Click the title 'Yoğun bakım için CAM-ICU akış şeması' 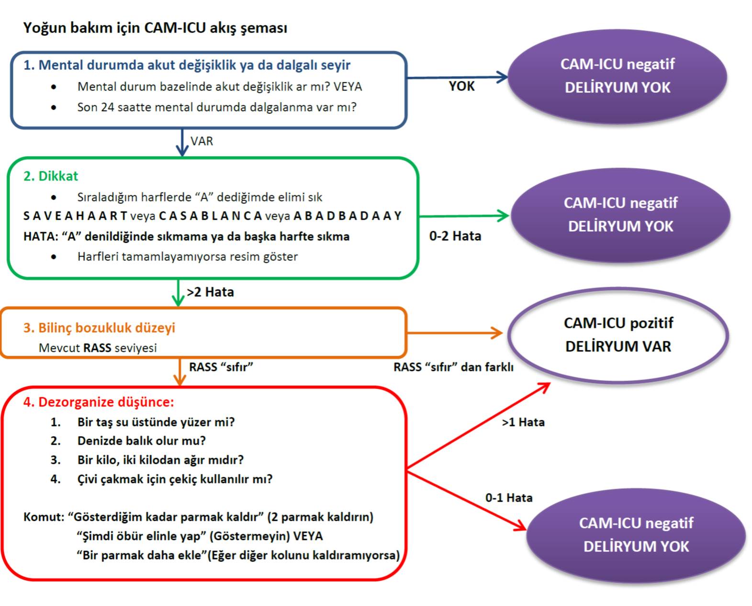(155, 28)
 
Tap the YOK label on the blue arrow (461, 86)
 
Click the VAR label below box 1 (202, 141)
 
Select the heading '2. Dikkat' (50, 176)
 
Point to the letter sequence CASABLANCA (210, 216)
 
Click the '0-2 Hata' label (455, 236)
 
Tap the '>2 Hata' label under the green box (210, 292)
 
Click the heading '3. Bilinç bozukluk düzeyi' (99, 328)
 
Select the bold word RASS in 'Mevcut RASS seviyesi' (97, 348)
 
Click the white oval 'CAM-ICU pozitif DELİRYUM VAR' (618, 335)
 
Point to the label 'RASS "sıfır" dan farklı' (453, 367)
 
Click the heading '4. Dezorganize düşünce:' (99, 402)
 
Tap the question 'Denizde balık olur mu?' (141, 441)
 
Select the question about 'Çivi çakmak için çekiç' (175, 479)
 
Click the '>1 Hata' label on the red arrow (523, 422)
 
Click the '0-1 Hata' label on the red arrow (508, 498)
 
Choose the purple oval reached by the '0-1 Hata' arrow (636, 535)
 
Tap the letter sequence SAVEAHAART (75, 216)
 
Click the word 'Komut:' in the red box (44, 517)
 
